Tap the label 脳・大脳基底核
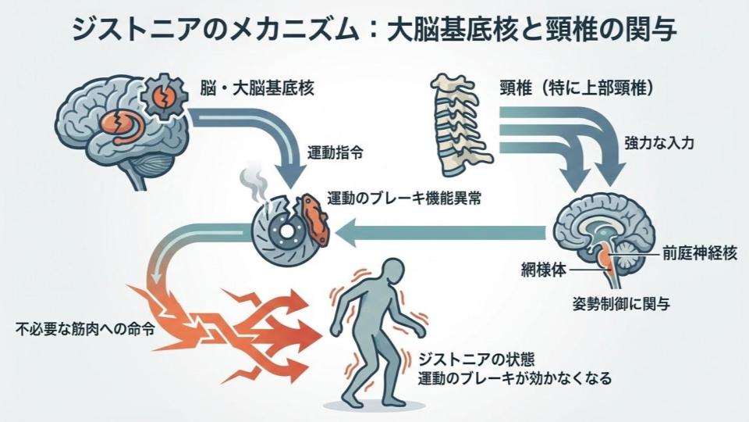249,87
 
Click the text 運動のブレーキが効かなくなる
514,378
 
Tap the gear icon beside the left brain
165,98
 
